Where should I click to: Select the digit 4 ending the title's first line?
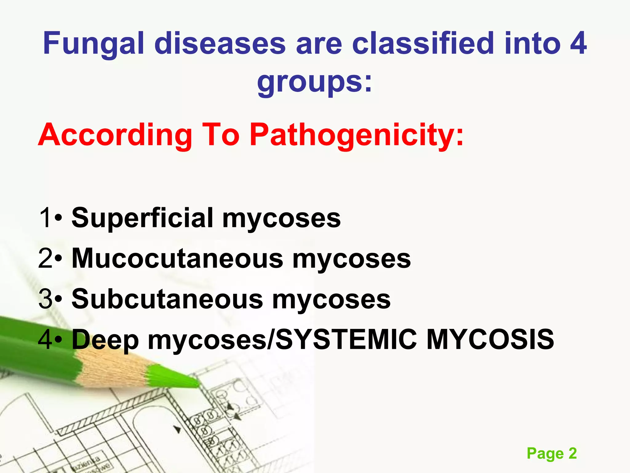pyautogui.click(x=578, y=44)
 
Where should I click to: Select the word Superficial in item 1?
pyautogui.click(x=142, y=218)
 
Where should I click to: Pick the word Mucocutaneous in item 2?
pyautogui.click(x=177, y=259)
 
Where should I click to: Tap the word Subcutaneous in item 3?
pyautogui.click(x=167, y=299)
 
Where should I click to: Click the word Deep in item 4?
pyautogui.click(x=105, y=340)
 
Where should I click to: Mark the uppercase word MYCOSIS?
pyautogui.click(x=490, y=339)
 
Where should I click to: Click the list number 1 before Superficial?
pyautogui.click(x=45, y=218)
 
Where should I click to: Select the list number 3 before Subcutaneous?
pyautogui.click(x=45, y=299)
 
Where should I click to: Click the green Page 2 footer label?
pyautogui.click(x=552, y=453)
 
